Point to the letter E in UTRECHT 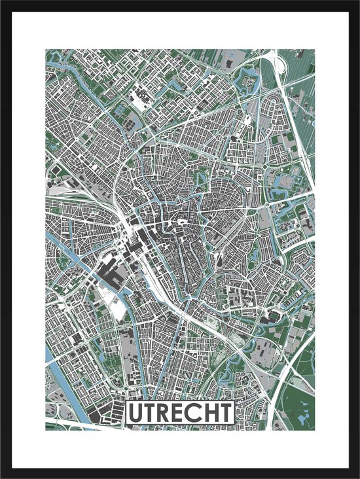(180, 413)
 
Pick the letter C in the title (194, 413)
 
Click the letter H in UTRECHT (209, 413)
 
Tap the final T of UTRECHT (224, 413)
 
